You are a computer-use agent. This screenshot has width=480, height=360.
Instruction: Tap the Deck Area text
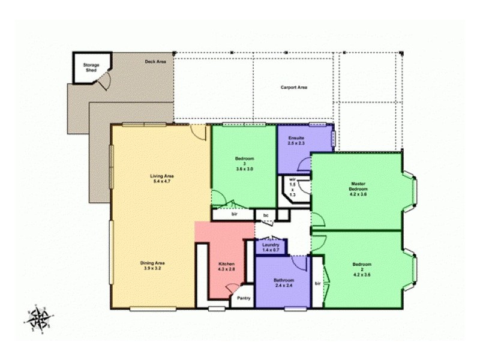point(155,61)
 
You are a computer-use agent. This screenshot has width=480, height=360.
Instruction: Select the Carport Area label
point(294,88)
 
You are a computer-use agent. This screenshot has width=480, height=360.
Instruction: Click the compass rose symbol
point(40,316)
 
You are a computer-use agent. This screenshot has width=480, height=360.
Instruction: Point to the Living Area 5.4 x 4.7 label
point(161,178)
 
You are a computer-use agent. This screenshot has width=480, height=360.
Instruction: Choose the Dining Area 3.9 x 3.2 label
point(152,266)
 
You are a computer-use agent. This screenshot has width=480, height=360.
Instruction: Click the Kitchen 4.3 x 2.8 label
point(226,267)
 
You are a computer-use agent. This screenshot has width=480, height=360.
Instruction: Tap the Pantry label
point(243,298)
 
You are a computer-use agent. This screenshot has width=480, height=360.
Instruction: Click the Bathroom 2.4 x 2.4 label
point(284,283)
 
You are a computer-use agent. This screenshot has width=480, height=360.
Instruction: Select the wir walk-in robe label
point(293,187)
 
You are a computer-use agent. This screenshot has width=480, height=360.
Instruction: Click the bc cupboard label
point(265,214)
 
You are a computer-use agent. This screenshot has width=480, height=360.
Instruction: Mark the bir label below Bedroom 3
point(235,213)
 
